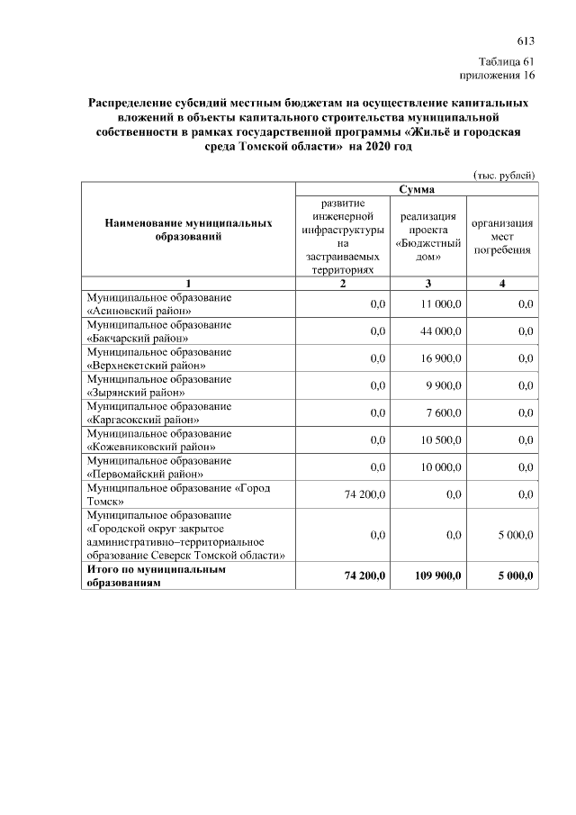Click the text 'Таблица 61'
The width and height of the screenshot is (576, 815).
[507, 61]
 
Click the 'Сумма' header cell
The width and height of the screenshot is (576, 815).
[417, 190]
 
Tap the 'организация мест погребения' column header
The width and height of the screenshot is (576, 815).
[502, 236]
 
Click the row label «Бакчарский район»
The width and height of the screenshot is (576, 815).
[136, 339]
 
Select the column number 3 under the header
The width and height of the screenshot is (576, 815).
[427, 285]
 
